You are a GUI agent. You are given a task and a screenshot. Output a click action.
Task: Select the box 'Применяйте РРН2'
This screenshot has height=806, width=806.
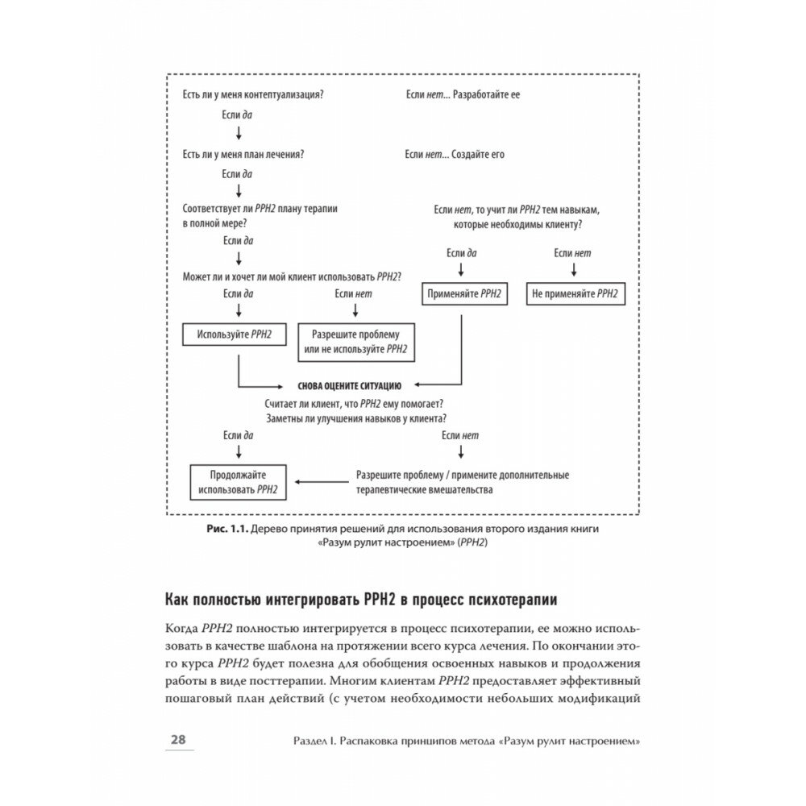coord(463,294)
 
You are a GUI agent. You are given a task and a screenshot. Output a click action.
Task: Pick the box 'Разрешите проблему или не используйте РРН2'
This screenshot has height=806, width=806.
coord(355,341)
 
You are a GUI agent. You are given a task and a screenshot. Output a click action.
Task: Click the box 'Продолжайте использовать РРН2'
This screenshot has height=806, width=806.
coord(238,482)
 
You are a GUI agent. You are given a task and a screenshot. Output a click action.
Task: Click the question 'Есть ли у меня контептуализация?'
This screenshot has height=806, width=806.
coord(254,94)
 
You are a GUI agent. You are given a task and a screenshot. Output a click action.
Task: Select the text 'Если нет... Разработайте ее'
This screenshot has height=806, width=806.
coord(463,94)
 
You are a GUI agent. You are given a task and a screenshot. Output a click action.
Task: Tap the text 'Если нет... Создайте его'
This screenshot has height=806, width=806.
coord(455,154)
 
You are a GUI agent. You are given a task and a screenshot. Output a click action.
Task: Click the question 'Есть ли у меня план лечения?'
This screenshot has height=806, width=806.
coord(248,154)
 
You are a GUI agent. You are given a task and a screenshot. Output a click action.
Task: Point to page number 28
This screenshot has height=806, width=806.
coord(177,740)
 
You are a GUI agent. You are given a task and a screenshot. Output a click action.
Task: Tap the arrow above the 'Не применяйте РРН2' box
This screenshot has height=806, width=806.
coord(573,269)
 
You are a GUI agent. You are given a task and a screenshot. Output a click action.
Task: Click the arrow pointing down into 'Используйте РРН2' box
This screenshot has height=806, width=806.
coord(238,310)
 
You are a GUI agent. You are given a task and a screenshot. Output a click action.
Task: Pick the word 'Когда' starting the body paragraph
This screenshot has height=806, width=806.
coord(185,628)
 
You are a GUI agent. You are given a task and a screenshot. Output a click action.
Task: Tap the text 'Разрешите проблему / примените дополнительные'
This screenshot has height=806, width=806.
coord(463,475)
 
